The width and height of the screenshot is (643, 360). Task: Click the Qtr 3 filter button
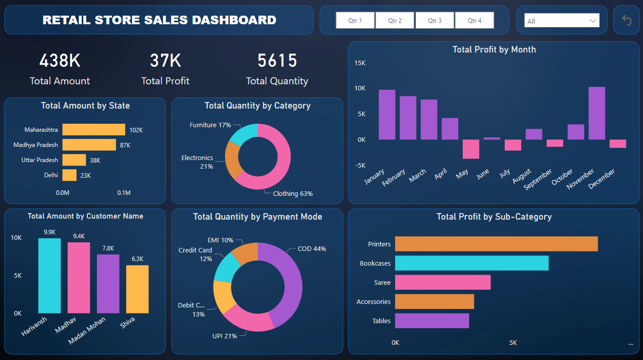coord(435,21)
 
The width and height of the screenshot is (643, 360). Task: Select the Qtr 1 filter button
coord(355,21)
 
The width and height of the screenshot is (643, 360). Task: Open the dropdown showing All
coord(562,21)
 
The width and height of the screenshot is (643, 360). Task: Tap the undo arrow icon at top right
coord(626,20)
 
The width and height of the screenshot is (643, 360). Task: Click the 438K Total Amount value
coord(60,61)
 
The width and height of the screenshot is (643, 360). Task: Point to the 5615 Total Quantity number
coord(277,61)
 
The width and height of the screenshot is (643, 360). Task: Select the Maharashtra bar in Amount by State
coord(94,130)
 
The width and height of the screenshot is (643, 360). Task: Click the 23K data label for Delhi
coord(86,175)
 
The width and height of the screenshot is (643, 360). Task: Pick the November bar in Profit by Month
coord(597,114)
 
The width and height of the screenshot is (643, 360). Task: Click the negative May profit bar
coord(471,149)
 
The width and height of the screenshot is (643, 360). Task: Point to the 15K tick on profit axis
coord(360,63)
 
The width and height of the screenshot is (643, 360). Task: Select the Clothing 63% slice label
coord(293,194)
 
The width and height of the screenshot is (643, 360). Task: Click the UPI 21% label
coord(225,336)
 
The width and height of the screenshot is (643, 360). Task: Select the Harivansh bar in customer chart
coord(49,276)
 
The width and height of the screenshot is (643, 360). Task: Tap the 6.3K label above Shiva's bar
coord(137,259)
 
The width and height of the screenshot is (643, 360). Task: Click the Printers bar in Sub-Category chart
coord(496,244)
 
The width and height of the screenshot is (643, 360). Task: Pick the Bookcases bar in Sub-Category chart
coord(471,263)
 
